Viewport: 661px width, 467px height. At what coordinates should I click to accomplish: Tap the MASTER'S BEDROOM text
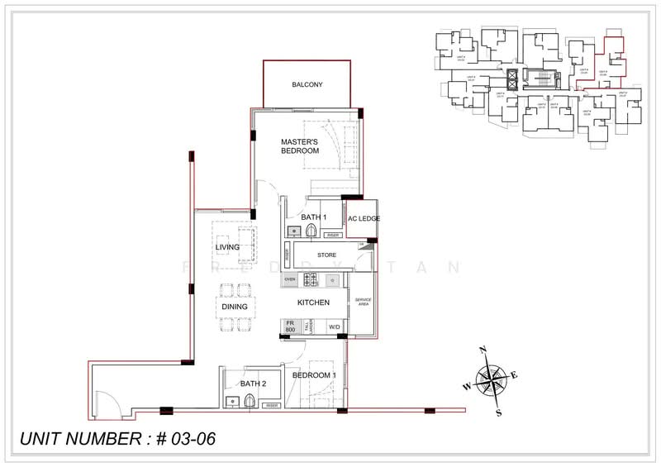[299, 145]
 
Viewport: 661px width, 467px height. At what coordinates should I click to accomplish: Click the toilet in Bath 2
[250, 402]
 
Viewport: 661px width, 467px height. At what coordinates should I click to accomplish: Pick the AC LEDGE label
[362, 219]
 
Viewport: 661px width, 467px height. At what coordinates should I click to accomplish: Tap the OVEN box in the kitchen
[290, 279]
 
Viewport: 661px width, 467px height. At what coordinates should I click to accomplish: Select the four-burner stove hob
[311, 279]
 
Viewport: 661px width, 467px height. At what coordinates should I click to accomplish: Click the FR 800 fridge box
[290, 326]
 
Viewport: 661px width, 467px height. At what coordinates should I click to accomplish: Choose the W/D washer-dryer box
[335, 327]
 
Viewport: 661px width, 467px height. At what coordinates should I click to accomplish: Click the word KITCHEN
[313, 303]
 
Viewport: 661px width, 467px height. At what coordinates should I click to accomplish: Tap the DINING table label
[235, 307]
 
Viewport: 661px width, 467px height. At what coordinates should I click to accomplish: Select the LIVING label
[227, 247]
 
